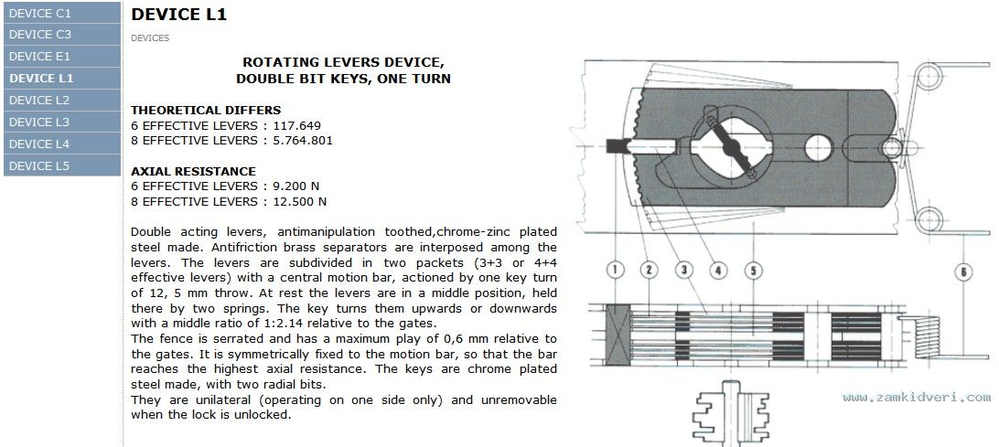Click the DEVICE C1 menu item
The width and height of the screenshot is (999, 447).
[62, 13]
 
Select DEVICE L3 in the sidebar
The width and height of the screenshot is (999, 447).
[62, 122]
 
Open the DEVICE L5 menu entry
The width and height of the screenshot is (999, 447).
[62, 165]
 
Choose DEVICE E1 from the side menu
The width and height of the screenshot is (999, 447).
[62, 56]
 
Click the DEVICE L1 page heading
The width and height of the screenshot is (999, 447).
[178, 15]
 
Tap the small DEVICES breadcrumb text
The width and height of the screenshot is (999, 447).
[150, 38]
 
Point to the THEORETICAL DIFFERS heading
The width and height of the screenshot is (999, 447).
[206, 111]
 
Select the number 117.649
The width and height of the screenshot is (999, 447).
[297, 125]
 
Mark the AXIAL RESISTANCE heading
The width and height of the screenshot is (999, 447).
[193, 171]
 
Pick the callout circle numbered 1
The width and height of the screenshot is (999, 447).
[615, 271]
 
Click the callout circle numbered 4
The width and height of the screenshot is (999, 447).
[718, 271]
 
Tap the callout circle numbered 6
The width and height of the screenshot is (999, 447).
[963, 271]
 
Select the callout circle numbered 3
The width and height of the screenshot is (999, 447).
[684, 271]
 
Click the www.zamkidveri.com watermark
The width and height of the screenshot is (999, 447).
[916, 398]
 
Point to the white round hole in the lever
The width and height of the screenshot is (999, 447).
[819, 148]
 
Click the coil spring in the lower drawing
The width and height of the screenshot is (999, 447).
[927, 336]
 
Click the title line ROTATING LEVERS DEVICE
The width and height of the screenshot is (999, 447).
[343, 63]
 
